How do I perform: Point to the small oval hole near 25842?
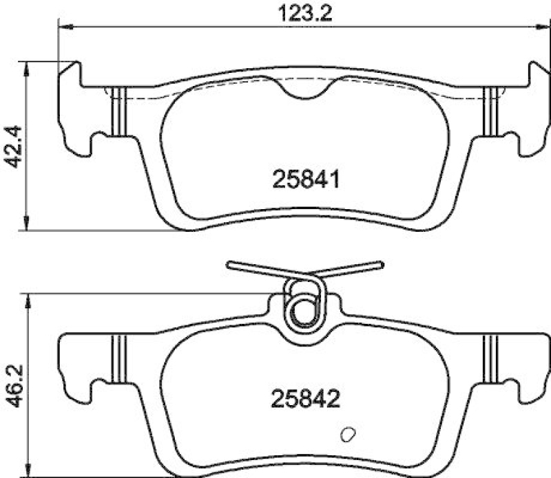point(348,435)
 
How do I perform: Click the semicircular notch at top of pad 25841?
point(308,87)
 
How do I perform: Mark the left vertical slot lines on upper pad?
point(118,111)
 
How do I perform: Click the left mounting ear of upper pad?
point(74,110)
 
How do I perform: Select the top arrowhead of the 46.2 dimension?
point(27,298)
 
